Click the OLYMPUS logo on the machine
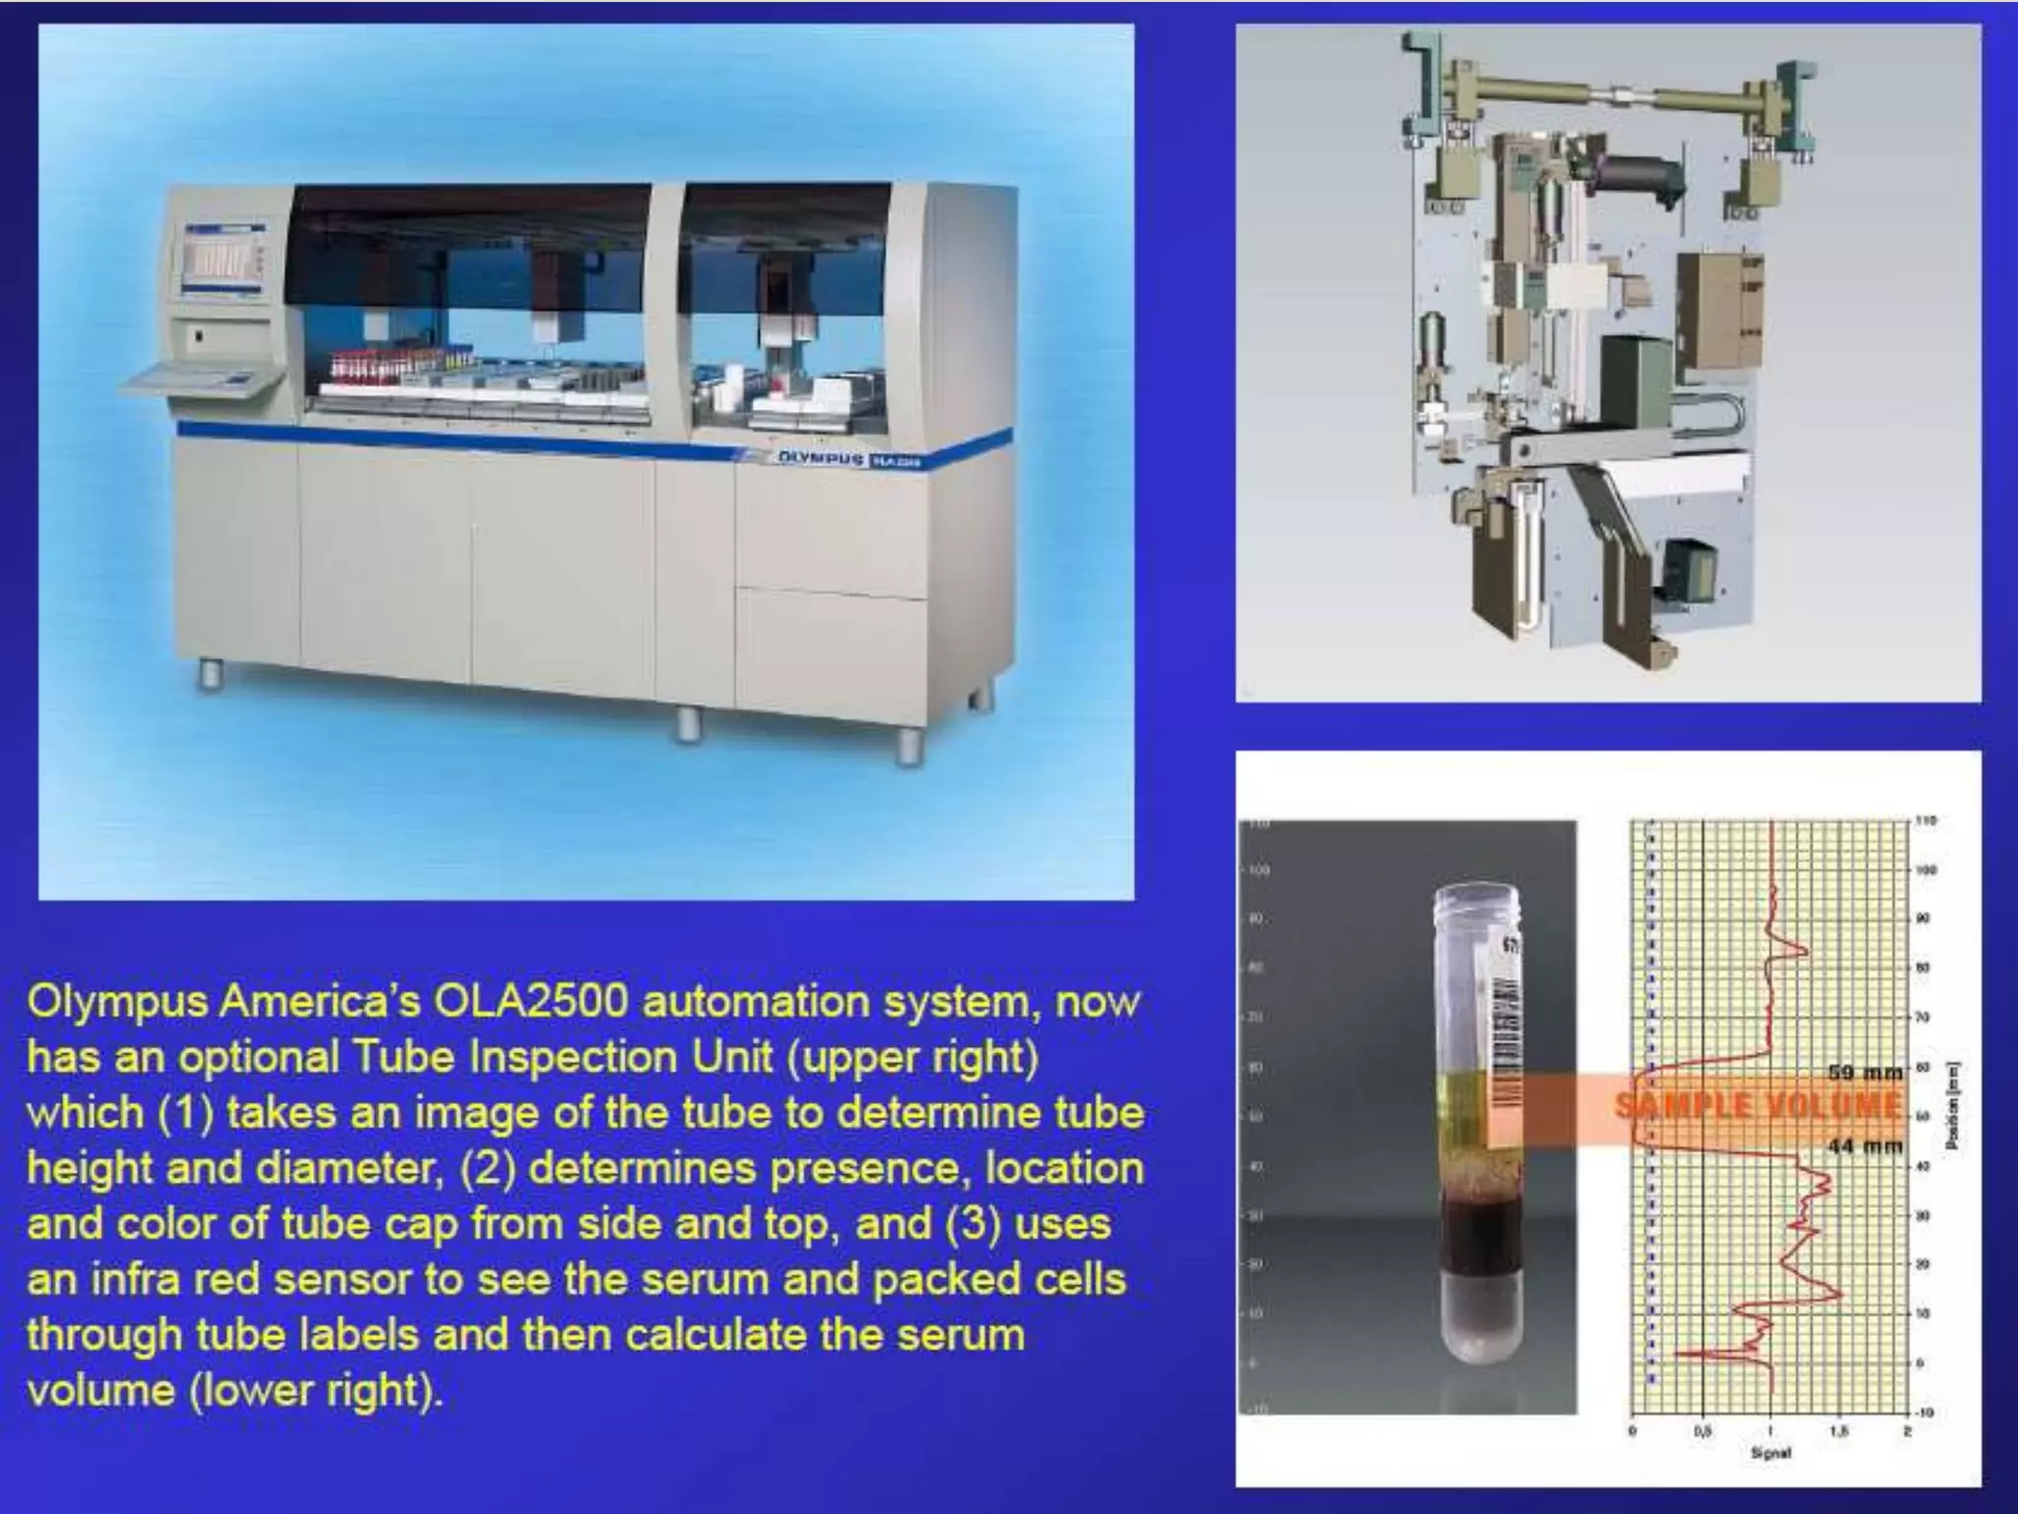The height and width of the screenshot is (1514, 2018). coord(821,458)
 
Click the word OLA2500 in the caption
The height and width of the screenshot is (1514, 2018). coord(530,1002)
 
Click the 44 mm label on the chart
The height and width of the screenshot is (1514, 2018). coord(1864,1145)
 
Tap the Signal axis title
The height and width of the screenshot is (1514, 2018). coord(1770,1453)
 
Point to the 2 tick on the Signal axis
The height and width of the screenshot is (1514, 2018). coord(1906,1431)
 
